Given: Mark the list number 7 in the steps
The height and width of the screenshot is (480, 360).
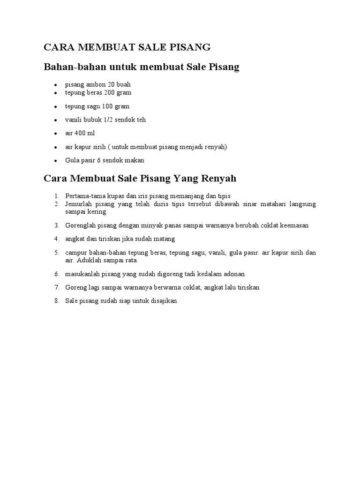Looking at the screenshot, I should [56, 287].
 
